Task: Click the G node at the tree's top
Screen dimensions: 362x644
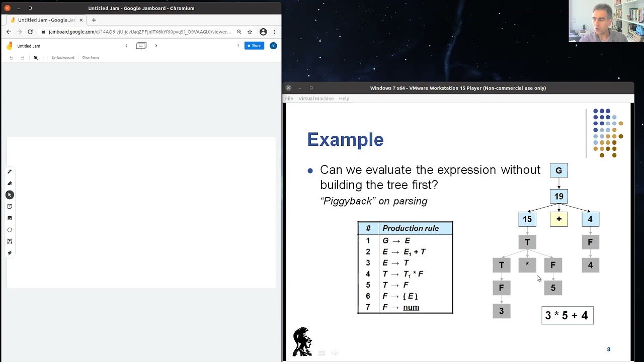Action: (x=558, y=170)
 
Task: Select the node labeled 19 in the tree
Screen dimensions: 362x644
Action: (x=558, y=196)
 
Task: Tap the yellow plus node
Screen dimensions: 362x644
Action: (x=558, y=219)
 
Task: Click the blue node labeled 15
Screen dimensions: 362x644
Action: (x=527, y=219)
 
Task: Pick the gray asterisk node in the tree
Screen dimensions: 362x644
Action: (x=527, y=265)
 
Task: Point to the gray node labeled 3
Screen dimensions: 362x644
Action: (x=501, y=311)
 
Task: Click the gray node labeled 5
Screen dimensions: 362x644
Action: (x=553, y=288)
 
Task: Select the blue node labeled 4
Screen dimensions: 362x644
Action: (x=590, y=219)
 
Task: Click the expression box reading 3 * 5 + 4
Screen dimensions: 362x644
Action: (x=567, y=316)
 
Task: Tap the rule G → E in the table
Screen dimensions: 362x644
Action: (x=396, y=241)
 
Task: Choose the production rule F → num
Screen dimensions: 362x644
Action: (x=401, y=307)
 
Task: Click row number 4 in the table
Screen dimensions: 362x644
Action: (x=368, y=274)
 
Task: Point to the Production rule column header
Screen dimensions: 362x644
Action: (x=411, y=228)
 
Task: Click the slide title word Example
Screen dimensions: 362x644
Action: (x=345, y=140)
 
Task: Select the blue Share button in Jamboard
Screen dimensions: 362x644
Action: (x=254, y=46)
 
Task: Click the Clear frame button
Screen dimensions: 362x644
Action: (x=91, y=58)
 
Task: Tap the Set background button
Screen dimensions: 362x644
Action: (x=63, y=58)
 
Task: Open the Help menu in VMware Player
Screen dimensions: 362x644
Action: (x=344, y=99)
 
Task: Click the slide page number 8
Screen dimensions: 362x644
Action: (x=608, y=349)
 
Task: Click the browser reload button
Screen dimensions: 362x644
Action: (x=30, y=32)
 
